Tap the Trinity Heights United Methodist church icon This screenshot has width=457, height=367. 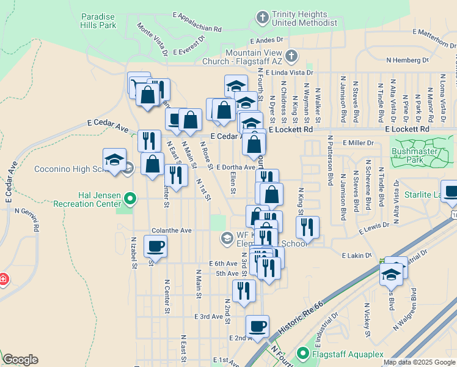(x=263, y=17)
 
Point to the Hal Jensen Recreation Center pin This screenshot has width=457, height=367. (x=130, y=198)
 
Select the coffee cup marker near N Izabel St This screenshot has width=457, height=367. (x=155, y=247)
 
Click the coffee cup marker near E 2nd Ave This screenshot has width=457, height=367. (x=257, y=327)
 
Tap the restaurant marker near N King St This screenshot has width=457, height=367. (x=307, y=228)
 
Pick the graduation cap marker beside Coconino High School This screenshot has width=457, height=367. (x=114, y=160)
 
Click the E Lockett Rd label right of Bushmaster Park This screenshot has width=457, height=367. (x=407, y=130)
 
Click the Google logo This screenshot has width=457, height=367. (x=20, y=360)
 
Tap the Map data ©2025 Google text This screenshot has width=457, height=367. (x=419, y=362)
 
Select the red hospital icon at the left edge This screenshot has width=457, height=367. (x=3, y=280)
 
